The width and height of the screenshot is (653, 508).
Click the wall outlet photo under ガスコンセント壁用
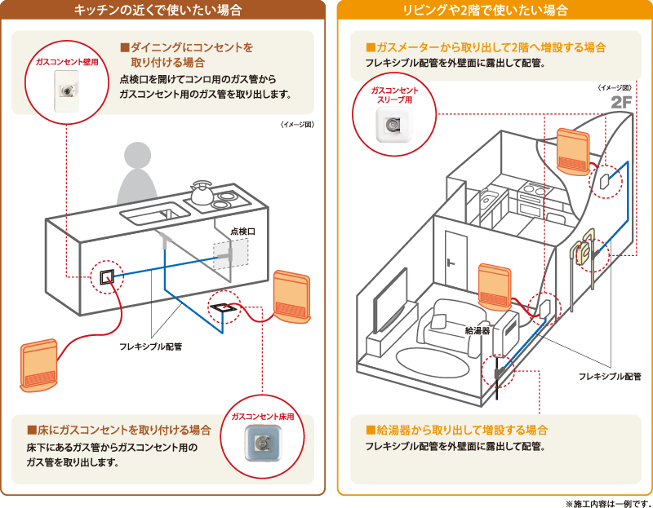tap(64, 86)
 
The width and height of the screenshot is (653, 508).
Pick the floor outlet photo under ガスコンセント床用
tap(262, 444)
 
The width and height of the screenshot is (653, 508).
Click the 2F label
tap(621, 103)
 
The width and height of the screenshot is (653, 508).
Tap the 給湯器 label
tap(477, 330)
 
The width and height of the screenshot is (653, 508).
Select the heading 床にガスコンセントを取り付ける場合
tap(119, 430)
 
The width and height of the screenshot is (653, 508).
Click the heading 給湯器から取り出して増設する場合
tap(456, 429)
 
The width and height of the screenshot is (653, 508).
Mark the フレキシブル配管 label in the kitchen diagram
tap(151, 347)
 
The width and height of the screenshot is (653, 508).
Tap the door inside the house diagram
tap(453, 257)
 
